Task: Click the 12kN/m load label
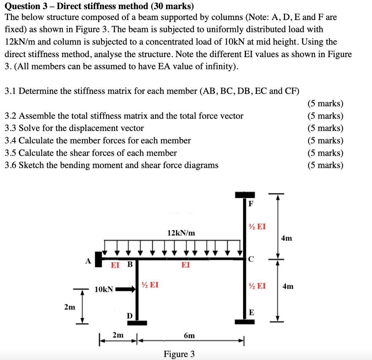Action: [181, 233]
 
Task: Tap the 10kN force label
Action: [104, 289]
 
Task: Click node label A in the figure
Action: [88, 261]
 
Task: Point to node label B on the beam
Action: [129, 265]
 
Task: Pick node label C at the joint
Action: [251, 259]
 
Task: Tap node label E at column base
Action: [251, 312]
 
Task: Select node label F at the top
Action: [251, 204]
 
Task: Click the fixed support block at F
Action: [244, 195]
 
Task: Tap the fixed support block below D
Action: [137, 323]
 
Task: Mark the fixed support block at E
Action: [244, 322]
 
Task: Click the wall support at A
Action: [98, 259]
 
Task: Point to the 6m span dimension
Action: [189, 336]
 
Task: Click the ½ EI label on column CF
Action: [257, 227]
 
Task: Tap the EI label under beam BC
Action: [185, 265]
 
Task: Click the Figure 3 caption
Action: [179, 354]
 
